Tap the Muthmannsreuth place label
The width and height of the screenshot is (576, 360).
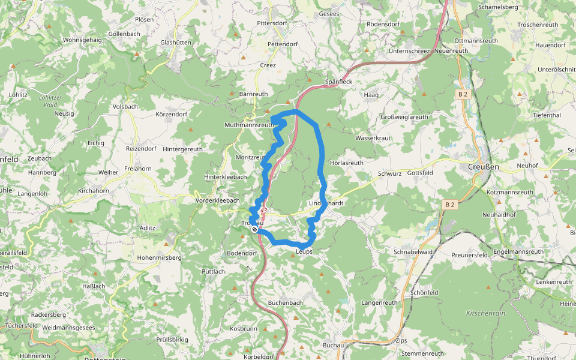point(248,125)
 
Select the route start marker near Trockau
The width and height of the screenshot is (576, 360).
point(255,229)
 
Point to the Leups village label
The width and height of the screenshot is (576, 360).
point(305,252)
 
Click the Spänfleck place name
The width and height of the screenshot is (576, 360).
point(338,82)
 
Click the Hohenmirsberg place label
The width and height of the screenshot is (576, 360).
point(160,258)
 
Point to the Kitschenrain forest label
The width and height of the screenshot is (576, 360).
point(485,314)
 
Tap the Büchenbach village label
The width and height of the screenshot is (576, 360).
point(286,303)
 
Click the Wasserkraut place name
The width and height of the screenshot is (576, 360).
point(374,138)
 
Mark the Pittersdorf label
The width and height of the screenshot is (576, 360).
point(272,23)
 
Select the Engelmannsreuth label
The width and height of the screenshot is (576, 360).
point(517,252)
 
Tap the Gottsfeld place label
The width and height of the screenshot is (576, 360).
point(420,173)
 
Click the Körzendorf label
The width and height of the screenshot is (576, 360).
point(172,114)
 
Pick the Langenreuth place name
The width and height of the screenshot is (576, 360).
point(380,303)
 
